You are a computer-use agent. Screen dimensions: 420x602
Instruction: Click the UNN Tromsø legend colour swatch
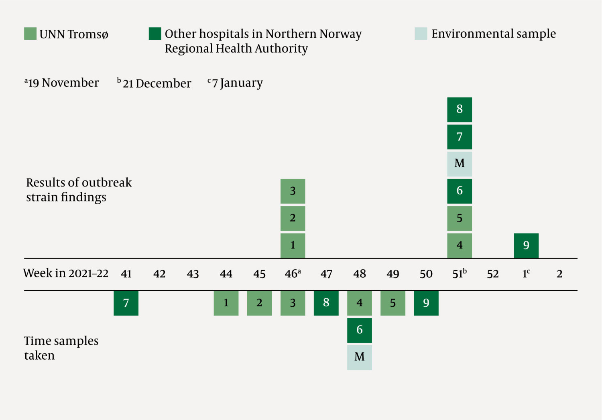coord(30,34)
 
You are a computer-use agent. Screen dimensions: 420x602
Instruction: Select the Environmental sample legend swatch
coord(421,34)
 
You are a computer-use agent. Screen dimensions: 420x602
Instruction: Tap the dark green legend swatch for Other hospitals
coord(155,34)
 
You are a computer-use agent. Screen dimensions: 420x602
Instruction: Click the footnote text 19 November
coord(62,83)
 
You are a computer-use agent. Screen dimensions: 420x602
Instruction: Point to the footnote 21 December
coord(155,83)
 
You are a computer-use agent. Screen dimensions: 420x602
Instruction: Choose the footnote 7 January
coord(236,83)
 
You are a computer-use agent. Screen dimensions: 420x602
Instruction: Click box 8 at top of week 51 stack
coord(460,109)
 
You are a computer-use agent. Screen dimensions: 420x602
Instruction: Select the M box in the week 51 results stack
coord(460,164)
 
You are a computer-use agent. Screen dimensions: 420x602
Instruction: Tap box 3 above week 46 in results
coord(293,191)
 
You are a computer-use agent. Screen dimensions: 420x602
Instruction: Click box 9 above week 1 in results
coord(526,245)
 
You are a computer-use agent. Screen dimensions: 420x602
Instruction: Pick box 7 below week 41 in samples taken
coord(126,303)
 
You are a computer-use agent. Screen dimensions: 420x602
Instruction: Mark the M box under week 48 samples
coord(359,357)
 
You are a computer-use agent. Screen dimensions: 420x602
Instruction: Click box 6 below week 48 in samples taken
coord(359,330)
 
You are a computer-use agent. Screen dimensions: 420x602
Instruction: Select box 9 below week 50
coord(426,303)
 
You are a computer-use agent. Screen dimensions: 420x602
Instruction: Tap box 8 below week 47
coord(326,303)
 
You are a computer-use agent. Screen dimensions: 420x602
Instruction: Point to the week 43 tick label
coord(193,274)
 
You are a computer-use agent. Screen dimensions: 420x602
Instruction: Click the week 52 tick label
coord(492,274)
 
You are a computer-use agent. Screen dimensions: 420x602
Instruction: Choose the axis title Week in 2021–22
coord(66,274)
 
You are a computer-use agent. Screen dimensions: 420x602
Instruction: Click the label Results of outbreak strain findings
coord(79,190)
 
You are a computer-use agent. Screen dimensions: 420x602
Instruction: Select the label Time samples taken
coord(61,348)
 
